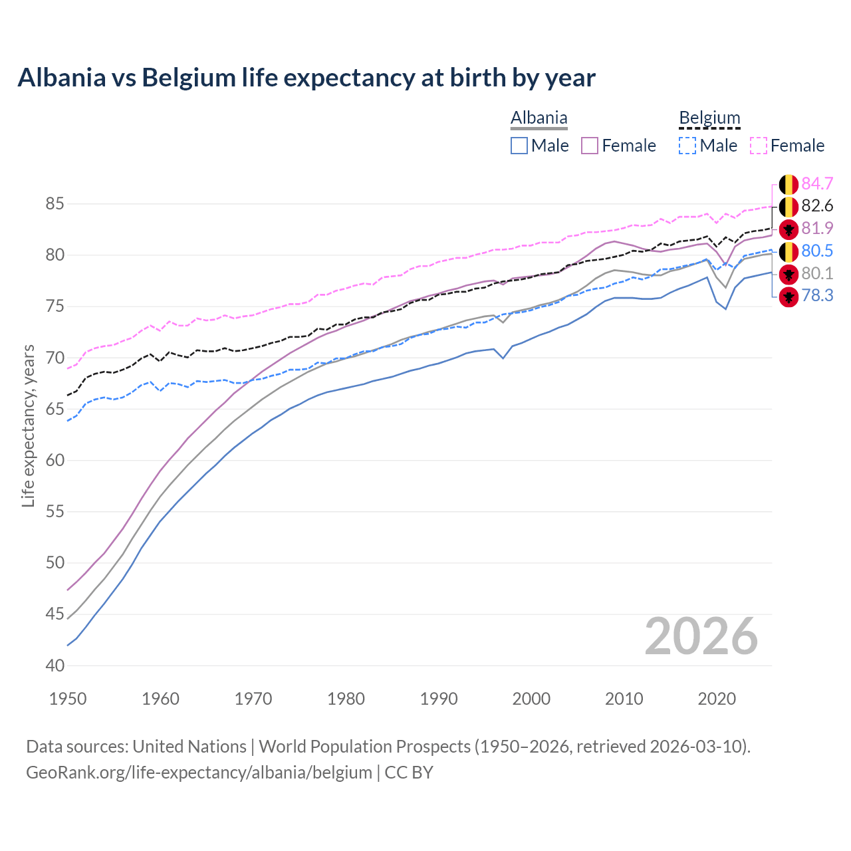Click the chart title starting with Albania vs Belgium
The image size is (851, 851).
306,78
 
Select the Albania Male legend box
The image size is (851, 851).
519,146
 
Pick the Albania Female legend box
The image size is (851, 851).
590,146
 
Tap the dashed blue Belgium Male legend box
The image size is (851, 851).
687,146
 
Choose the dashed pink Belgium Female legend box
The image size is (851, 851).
759,146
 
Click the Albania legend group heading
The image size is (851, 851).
539,118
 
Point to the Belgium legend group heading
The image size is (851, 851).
709,118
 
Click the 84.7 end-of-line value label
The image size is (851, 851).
817,183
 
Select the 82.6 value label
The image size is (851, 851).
817,206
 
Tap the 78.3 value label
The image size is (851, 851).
817,296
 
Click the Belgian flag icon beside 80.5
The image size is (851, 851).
789,251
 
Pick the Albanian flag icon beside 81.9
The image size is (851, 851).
789,229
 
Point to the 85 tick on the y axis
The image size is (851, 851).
55,203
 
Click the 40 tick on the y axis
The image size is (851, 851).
55,666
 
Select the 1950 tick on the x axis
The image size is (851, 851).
68,699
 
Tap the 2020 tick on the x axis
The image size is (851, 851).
717,699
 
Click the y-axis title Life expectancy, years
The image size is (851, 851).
28,425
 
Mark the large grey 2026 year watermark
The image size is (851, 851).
701,636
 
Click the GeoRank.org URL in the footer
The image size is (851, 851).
199,773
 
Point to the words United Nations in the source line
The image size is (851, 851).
189,747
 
